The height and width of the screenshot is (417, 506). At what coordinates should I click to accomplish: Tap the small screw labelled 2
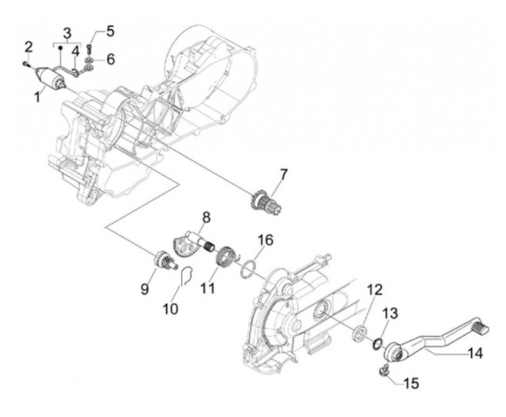coord(25,63)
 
